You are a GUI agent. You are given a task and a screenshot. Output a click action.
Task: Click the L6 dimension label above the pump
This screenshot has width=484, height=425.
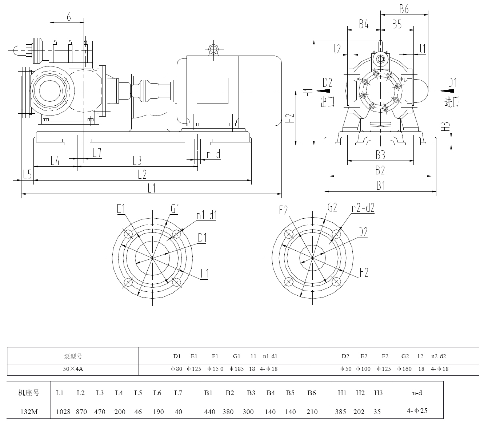(x=67, y=17)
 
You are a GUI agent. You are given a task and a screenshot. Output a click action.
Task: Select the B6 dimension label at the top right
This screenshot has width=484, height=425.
(x=404, y=9)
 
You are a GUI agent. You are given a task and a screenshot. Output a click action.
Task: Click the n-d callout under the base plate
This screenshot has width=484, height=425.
(x=213, y=155)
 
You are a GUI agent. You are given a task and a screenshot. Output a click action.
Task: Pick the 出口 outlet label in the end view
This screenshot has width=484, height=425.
(x=328, y=101)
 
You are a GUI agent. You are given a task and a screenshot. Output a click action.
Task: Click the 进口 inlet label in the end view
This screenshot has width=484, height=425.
(x=452, y=101)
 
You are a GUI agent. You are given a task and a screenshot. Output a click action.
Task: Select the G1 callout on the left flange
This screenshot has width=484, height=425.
(x=175, y=209)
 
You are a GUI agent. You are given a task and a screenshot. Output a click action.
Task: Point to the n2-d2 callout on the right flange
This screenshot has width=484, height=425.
(x=363, y=208)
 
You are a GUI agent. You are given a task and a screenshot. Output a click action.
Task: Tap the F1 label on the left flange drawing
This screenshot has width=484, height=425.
(x=205, y=274)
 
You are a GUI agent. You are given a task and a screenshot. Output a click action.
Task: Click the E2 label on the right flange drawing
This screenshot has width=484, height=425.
(x=284, y=210)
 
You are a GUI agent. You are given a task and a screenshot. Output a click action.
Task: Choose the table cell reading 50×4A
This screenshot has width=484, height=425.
(x=73, y=369)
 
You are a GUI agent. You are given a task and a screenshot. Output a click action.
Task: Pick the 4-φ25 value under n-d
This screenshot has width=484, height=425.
(x=417, y=411)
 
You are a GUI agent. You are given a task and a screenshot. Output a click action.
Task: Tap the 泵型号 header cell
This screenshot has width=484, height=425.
(x=73, y=356)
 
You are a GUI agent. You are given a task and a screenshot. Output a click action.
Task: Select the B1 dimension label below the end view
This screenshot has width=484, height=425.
(x=380, y=186)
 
